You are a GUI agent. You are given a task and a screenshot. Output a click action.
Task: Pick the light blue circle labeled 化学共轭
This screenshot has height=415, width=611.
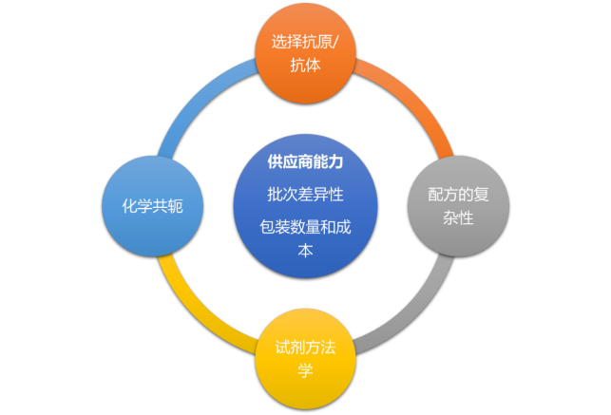[153, 206]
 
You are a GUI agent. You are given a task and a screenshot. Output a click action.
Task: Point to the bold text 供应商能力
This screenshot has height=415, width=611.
[304, 162]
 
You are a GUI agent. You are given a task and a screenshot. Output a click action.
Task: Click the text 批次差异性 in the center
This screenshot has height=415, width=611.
[304, 195]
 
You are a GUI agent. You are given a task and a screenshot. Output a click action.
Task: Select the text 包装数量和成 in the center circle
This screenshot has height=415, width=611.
[304, 228]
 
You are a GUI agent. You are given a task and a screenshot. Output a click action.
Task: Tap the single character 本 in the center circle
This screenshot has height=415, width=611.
[304, 252]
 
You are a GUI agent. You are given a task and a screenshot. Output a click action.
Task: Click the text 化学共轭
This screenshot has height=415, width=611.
[153, 206]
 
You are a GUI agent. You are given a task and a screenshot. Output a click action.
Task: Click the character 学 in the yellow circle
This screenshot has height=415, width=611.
[304, 369]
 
